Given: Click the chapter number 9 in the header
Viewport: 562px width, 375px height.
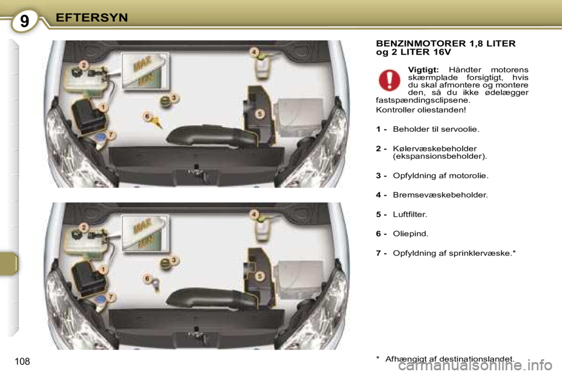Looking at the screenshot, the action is click(x=24, y=21).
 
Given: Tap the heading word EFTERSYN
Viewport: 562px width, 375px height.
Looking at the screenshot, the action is click(x=92, y=18).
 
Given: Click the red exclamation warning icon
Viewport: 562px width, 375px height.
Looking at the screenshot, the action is click(x=389, y=80).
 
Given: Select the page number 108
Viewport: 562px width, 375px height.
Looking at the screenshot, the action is click(x=22, y=362).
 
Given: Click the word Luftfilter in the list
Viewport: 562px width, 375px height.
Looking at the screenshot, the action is click(x=410, y=214).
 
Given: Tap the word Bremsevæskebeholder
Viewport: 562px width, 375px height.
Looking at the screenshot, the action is click(x=440, y=195).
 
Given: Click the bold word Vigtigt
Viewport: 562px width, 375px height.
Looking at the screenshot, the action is click(x=423, y=70).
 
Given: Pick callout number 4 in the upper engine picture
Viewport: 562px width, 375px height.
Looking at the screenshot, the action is click(x=254, y=52).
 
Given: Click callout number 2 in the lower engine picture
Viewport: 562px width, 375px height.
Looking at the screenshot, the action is click(x=84, y=227).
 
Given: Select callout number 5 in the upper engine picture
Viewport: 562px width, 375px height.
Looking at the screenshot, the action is click(x=260, y=114).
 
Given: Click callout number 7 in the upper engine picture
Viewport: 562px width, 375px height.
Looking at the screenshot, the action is click(x=111, y=135).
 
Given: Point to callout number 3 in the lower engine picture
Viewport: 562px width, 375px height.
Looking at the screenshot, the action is click(x=174, y=260).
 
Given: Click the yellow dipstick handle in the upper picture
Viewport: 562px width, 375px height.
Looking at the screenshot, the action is click(x=157, y=122).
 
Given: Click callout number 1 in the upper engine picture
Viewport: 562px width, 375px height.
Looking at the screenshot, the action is click(x=103, y=107).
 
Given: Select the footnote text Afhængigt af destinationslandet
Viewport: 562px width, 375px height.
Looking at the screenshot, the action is click(x=450, y=359).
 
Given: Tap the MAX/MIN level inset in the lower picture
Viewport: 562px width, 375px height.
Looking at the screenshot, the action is click(x=145, y=233).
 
